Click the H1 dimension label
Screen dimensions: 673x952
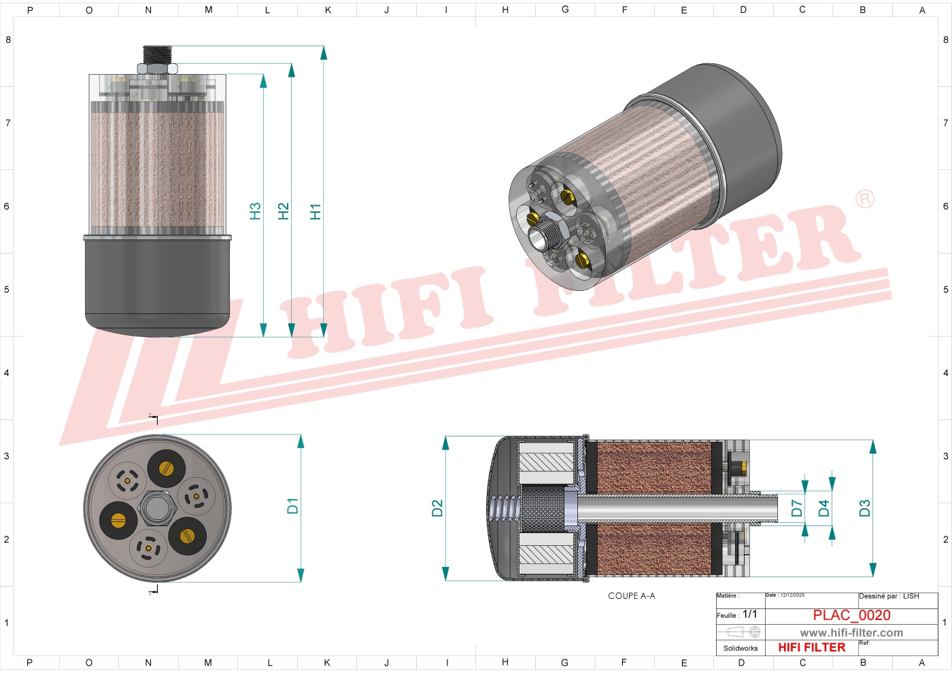click(x=315, y=211)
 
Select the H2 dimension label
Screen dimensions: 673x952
click(x=284, y=211)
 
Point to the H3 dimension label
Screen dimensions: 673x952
click(x=255, y=211)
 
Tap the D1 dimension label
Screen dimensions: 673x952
click(x=292, y=506)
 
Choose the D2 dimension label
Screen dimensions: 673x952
click(x=437, y=508)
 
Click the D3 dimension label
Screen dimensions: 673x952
click(x=864, y=508)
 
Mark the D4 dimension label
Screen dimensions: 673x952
click(x=823, y=508)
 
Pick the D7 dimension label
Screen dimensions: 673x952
click(x=797, y=508)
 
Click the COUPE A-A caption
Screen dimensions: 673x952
click(x=631, y=596)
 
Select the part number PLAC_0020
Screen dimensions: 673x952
click(x=851, y=615)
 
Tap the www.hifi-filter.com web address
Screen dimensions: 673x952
click(x=851, y=633)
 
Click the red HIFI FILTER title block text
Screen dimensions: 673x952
click(x=811, y=648)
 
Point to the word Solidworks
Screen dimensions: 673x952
click(x=741, y=649)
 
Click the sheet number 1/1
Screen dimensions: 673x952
click(x=749, y=615)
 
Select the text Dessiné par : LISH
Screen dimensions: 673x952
click(x=889, y=596)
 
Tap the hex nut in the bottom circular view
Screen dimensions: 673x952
click(x=158, y=508)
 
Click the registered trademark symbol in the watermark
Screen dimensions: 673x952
click(x=864, y=199)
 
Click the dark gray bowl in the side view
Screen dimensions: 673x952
click(x=157, y=286)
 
